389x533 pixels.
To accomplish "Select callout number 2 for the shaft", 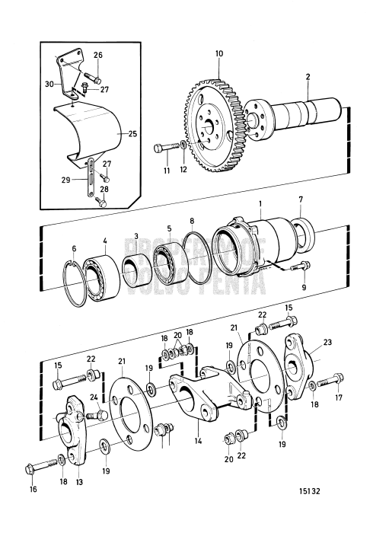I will point(308,78).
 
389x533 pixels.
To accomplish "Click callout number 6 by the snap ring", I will point(73,248).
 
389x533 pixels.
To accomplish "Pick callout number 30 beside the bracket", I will point(50,84).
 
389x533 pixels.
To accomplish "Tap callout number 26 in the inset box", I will point(97,55).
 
